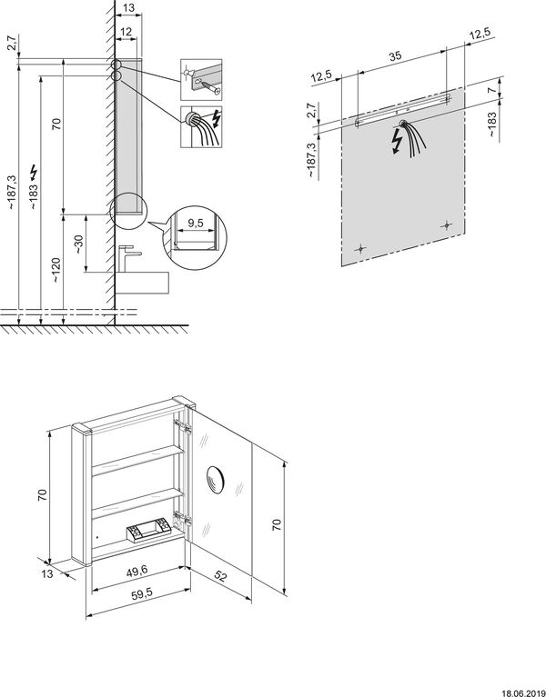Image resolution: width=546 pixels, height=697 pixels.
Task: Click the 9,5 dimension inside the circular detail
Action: pos(195,224)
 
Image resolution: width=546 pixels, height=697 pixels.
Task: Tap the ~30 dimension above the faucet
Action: pos(78,245)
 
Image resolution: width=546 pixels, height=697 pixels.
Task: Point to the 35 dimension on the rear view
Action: pos(395,56)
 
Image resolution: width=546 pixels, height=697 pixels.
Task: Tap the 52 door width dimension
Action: pos(220,576)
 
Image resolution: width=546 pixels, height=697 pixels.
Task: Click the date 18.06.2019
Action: pos(524,692)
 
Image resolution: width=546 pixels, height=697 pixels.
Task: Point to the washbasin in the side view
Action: pos(142,283)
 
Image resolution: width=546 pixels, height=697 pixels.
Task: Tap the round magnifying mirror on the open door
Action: pos(216,479)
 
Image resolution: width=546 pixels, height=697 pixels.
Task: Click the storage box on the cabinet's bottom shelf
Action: pos(149,531)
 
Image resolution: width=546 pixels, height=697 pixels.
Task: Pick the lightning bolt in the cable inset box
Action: pos(217,118)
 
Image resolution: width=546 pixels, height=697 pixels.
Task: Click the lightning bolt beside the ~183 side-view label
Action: pos(34,172)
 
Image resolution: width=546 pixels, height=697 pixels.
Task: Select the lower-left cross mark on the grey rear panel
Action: pos(361,248)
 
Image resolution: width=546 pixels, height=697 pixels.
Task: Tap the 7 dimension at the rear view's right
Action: pos(491,90)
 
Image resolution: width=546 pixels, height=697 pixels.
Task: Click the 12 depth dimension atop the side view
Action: pos(126,32)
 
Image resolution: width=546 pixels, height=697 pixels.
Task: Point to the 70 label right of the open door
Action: pos(277,524)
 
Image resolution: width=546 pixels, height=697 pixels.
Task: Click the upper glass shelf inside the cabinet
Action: pos(137,461)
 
